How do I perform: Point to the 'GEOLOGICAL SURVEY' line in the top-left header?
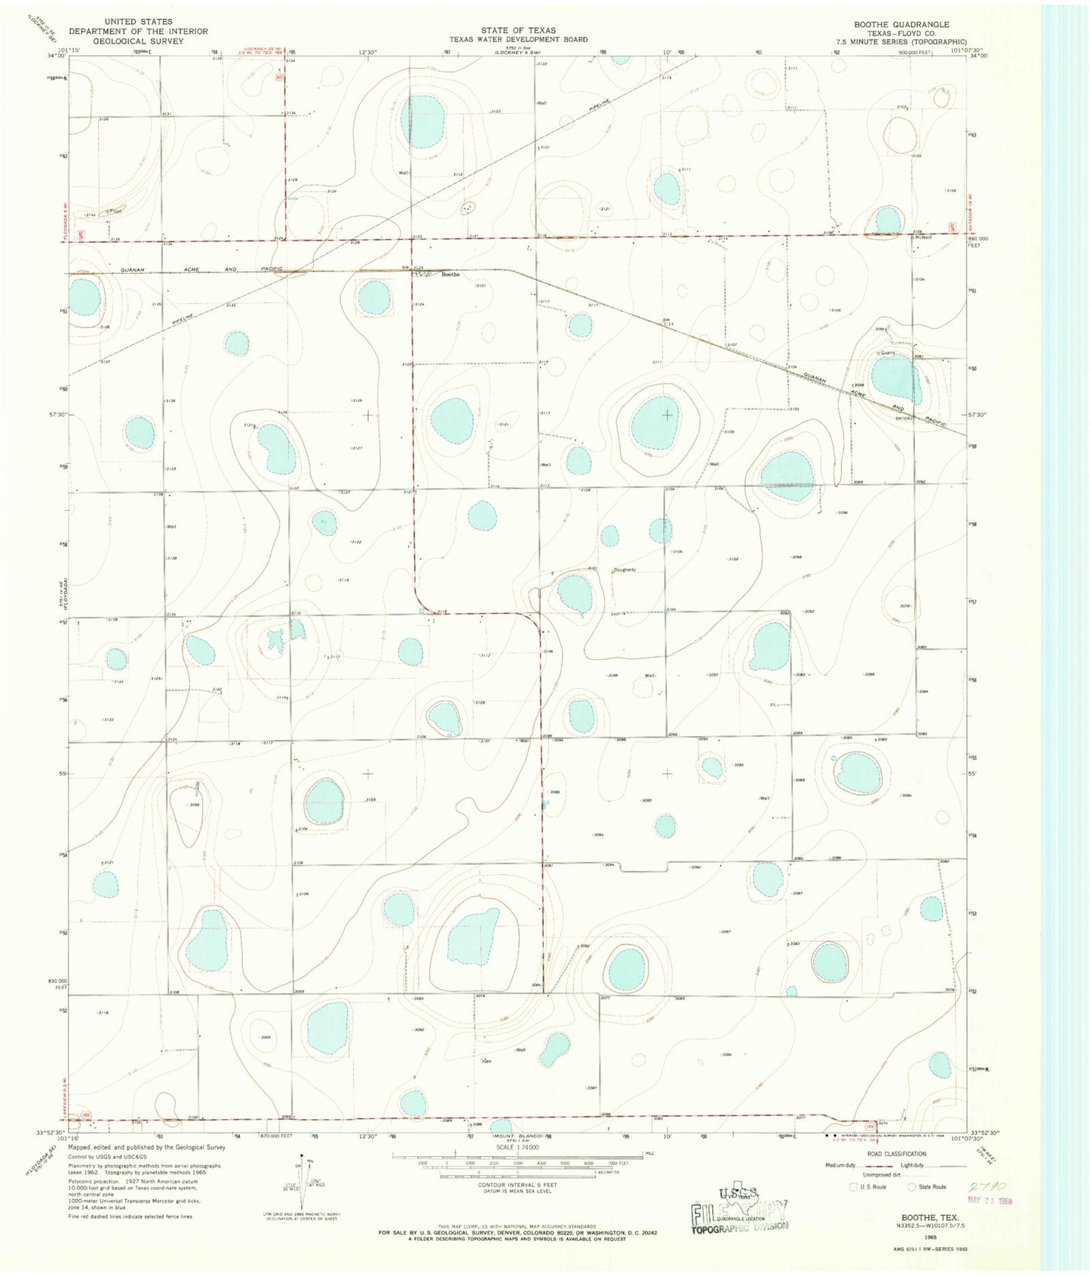coord(126,41)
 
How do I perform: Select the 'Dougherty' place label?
coord(625,569)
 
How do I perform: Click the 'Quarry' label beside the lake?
coord(886,352)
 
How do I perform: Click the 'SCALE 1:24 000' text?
coord(517,1147)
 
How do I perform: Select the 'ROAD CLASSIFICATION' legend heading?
coord(896,1154)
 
